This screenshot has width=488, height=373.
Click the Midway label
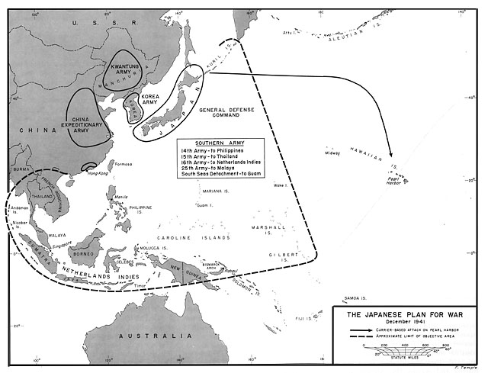332,153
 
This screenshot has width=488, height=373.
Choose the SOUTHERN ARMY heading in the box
220,143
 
